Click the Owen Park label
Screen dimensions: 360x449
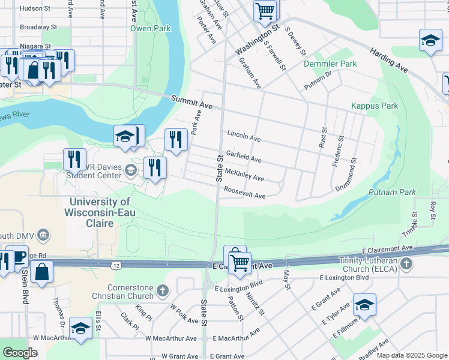pyautogui.click(x=151, y=28)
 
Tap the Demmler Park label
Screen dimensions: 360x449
pyautogui.click(x=330, y=64)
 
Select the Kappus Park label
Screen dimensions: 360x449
pyautogui.click(x=375, y=106)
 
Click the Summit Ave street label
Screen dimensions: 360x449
pyautogui.click(x=191, y=101)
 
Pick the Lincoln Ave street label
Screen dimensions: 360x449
pyautogui.click(x=244, y=136)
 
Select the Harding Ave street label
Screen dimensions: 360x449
pyautogui.click(x=388, y=61)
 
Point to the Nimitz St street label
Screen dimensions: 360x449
pyautogui.click(x=255, y=303)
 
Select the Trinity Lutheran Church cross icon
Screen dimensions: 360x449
pyautogui.click(x=406, y=264)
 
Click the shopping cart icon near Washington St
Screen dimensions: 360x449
pyautogui.click(x=265, y=10)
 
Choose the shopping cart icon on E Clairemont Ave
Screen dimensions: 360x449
pyautogui.click(x=240, y=262)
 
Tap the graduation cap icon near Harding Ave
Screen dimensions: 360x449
pyautogui.click(x=430, y=40)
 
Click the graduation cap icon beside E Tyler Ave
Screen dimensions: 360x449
pyautogui.click(x=364, y=305)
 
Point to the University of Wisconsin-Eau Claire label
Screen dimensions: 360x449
pyautogui.click(x=100, y=212)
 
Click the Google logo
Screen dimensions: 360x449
pyautogui.click(x=20, y=352)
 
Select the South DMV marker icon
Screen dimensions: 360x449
pyautogui.click(x=43, y=233)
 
